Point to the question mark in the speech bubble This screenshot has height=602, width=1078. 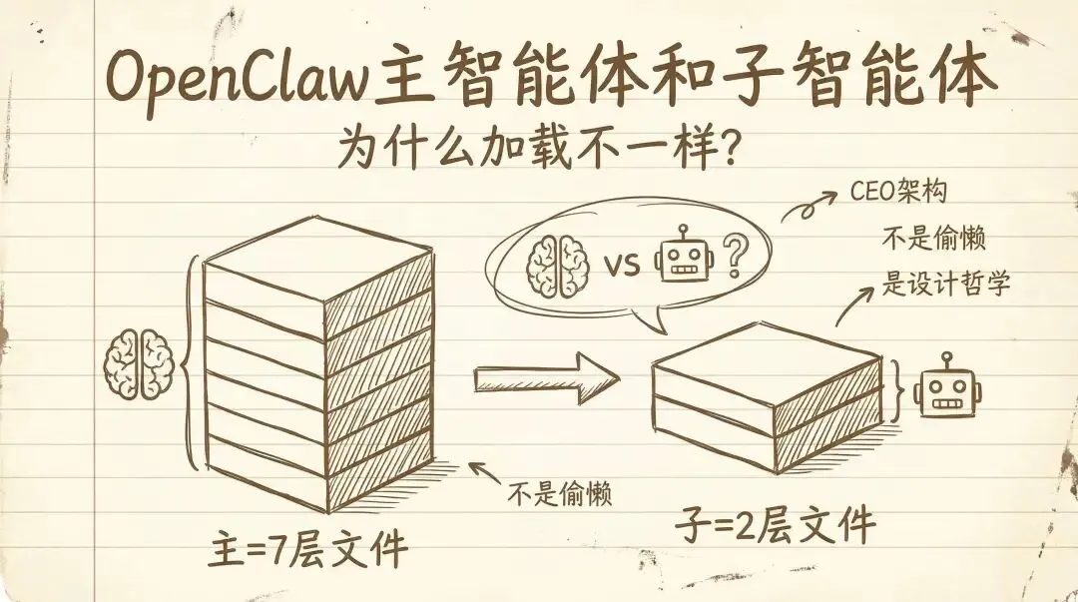click(736, 258)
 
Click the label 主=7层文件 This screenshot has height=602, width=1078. click(309, 548)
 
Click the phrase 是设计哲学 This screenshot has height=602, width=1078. click(946, 284)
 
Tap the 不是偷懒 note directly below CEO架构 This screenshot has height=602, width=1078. click(932, 240)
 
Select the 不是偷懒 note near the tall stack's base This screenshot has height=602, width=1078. click(558, 492)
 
